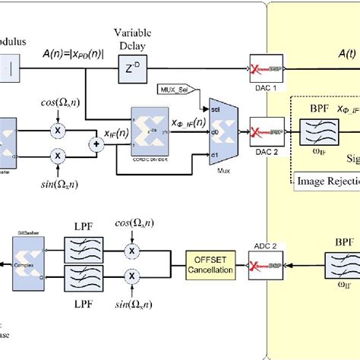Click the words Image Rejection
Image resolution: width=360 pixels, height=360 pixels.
click(x=326, y=181)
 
